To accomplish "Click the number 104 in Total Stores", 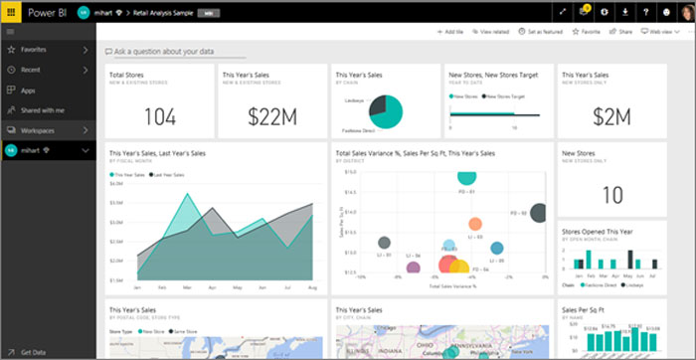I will pos(159,116).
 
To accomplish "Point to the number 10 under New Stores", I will pos(612,194).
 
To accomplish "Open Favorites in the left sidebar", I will pos(36,48).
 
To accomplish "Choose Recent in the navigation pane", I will pos(32,70).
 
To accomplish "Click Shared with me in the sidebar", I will pos(44,109).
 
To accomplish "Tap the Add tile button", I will pos(450,33).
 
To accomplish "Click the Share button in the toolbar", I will pos(620,33).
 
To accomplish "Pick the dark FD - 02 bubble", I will pos(538,212).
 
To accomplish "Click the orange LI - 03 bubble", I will pos(475,224).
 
